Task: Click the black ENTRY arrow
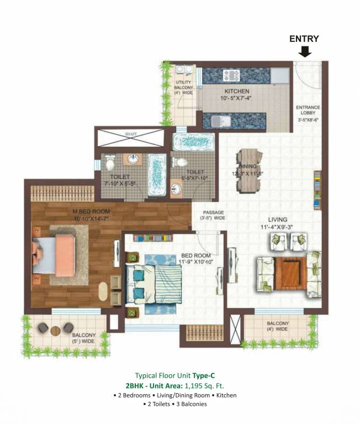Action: [x=305, y=52]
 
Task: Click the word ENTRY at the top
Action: [x=305, y=39]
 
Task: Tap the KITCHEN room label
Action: [x=236, y=91]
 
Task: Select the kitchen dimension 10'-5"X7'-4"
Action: [x=236, y=98]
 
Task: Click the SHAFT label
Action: [x=130, y=134]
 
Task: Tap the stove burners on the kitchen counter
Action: [x=229, y=75]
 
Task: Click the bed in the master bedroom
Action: [x=54, y=256]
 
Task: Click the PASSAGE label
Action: [x=212, y=213]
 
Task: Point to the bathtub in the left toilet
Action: [x=157, y=174]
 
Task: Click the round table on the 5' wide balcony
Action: [x=55, y=330]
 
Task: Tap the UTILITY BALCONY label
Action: [x=183, y=88]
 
